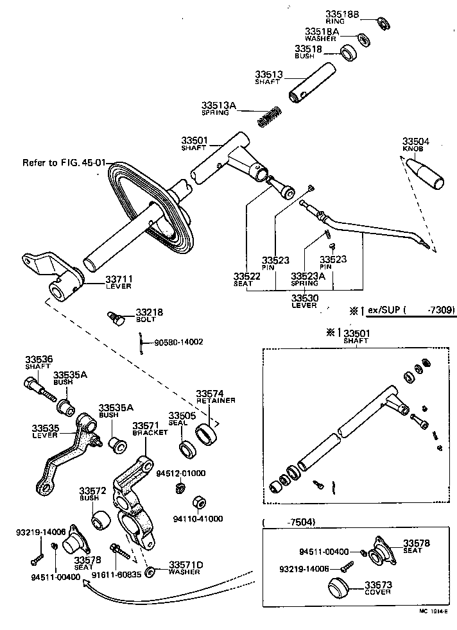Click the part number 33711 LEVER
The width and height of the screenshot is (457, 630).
pos(119,281)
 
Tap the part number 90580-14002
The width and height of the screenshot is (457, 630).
pos(178,342)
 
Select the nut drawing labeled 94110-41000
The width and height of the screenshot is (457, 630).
pos(198,502)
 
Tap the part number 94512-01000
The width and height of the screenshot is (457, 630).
pos(181,473)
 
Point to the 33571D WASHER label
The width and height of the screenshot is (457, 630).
pos(185,567)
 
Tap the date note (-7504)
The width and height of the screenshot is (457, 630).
pos(289,522)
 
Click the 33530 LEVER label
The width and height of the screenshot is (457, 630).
pos(304,301)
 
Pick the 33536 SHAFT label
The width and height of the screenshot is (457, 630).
pos(39,362)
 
